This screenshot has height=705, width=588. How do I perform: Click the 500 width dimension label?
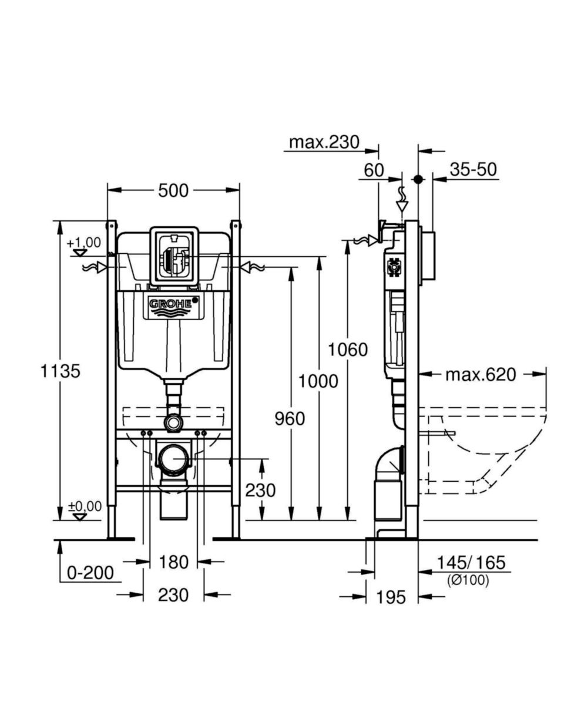click(x=173, y=190)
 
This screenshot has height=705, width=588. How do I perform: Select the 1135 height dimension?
click(x=60, y=371)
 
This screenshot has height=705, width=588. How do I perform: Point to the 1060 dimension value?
click(x=348, y=350)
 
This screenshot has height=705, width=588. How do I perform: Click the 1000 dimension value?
click(x=318, y=382)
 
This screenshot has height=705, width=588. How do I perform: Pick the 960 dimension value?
click(x=290, y=419)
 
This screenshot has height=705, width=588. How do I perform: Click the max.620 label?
click(x=480, y=374)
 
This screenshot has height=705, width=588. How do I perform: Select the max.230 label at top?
click(x=324, y=142)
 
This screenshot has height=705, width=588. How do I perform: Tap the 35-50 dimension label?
click(x=473, y=169)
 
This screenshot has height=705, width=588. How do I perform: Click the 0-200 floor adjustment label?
click(x=90, y=572)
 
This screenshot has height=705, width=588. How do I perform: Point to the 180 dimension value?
click(x=173, y=562)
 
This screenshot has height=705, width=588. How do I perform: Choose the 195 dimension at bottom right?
click(x=391, y=597)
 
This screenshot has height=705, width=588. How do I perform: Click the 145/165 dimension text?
click(x=471, y=562)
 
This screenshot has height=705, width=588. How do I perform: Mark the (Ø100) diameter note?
click(x=468, y=580)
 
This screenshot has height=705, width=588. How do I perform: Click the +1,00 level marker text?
click(x=83, y=243)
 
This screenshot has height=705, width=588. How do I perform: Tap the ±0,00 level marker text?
click(x=85, y=506)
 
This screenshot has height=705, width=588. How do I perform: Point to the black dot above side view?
click(x=418, y=179)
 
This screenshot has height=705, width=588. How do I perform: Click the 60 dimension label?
click(x=374, y=170)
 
